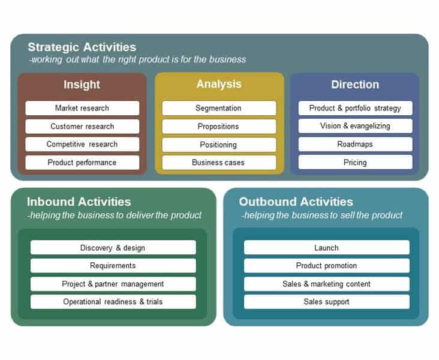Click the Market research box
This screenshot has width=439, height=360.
82,108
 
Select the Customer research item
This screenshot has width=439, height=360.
82,127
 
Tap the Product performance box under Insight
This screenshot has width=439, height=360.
82,163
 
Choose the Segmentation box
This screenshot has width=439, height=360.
219,108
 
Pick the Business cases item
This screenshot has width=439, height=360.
219,163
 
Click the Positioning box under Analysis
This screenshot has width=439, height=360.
219,145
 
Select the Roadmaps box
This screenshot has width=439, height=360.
355,144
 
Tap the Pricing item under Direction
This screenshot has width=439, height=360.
355,163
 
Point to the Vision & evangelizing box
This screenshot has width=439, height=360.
355,126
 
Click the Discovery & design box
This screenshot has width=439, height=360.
113,247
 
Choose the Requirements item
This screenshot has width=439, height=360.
113,266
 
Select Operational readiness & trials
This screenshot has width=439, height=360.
113,302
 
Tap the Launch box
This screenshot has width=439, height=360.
327,247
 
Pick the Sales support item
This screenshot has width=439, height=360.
327,302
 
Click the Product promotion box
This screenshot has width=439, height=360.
327,266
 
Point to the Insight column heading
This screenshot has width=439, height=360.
82,85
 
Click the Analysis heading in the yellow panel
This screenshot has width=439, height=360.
219,84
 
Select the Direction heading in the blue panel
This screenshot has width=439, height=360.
355,85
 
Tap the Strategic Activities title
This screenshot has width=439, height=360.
82,47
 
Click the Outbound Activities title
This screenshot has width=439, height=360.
296,202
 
